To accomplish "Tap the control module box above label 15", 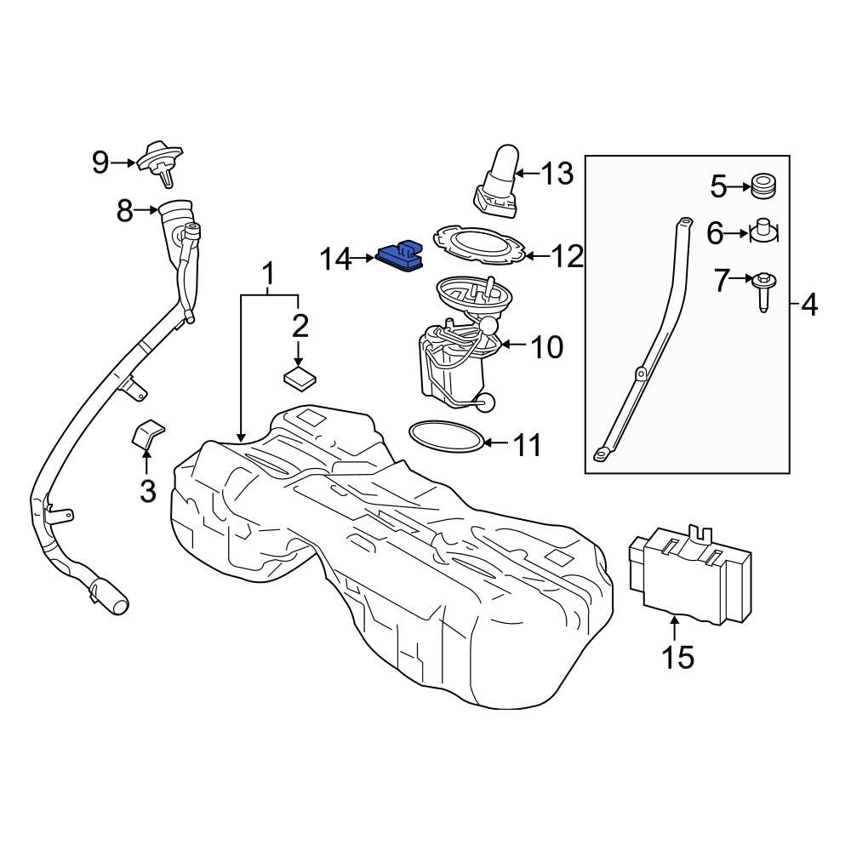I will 690,571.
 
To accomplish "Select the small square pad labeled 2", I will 299,376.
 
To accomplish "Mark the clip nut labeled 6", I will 763,231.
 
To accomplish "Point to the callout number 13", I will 557,174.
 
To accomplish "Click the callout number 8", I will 125,209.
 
